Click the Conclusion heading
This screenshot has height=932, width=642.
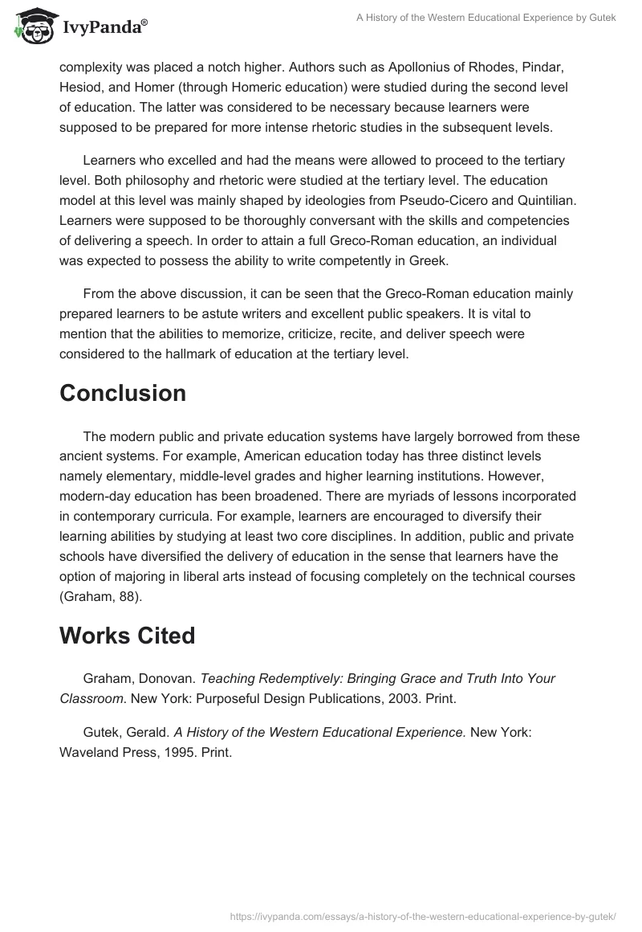(123, 393)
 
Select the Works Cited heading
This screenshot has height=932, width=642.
(128, 636)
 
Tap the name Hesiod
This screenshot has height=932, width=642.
(80, 88)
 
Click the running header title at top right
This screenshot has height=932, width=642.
(486, 18)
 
